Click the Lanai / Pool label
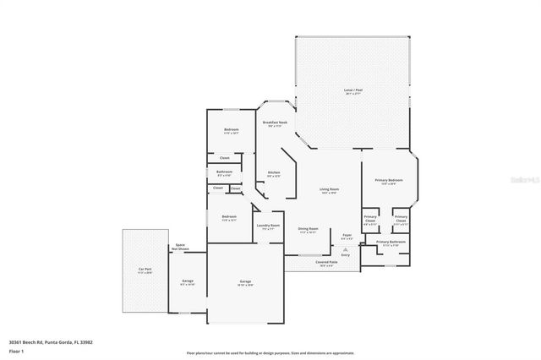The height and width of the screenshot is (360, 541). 353,90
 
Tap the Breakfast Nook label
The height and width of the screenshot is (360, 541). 275,123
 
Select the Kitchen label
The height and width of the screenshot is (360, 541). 274,173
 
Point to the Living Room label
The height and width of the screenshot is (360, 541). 329,189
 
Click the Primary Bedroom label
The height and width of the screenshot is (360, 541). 389,180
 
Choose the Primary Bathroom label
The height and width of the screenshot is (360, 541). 391,243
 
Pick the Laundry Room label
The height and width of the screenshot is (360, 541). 269,226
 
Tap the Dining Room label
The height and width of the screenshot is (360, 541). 308,229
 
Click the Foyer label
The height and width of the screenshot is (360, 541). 347,236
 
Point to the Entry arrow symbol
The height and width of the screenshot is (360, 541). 344,248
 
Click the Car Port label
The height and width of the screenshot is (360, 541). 145,270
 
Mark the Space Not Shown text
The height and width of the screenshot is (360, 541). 180,248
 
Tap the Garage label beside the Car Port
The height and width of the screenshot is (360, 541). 188,281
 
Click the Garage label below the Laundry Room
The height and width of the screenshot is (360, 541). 245,281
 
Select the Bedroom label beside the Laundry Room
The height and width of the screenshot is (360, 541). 229,217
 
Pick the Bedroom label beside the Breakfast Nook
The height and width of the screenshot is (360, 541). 232,129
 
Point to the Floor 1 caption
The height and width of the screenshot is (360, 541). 16,350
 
